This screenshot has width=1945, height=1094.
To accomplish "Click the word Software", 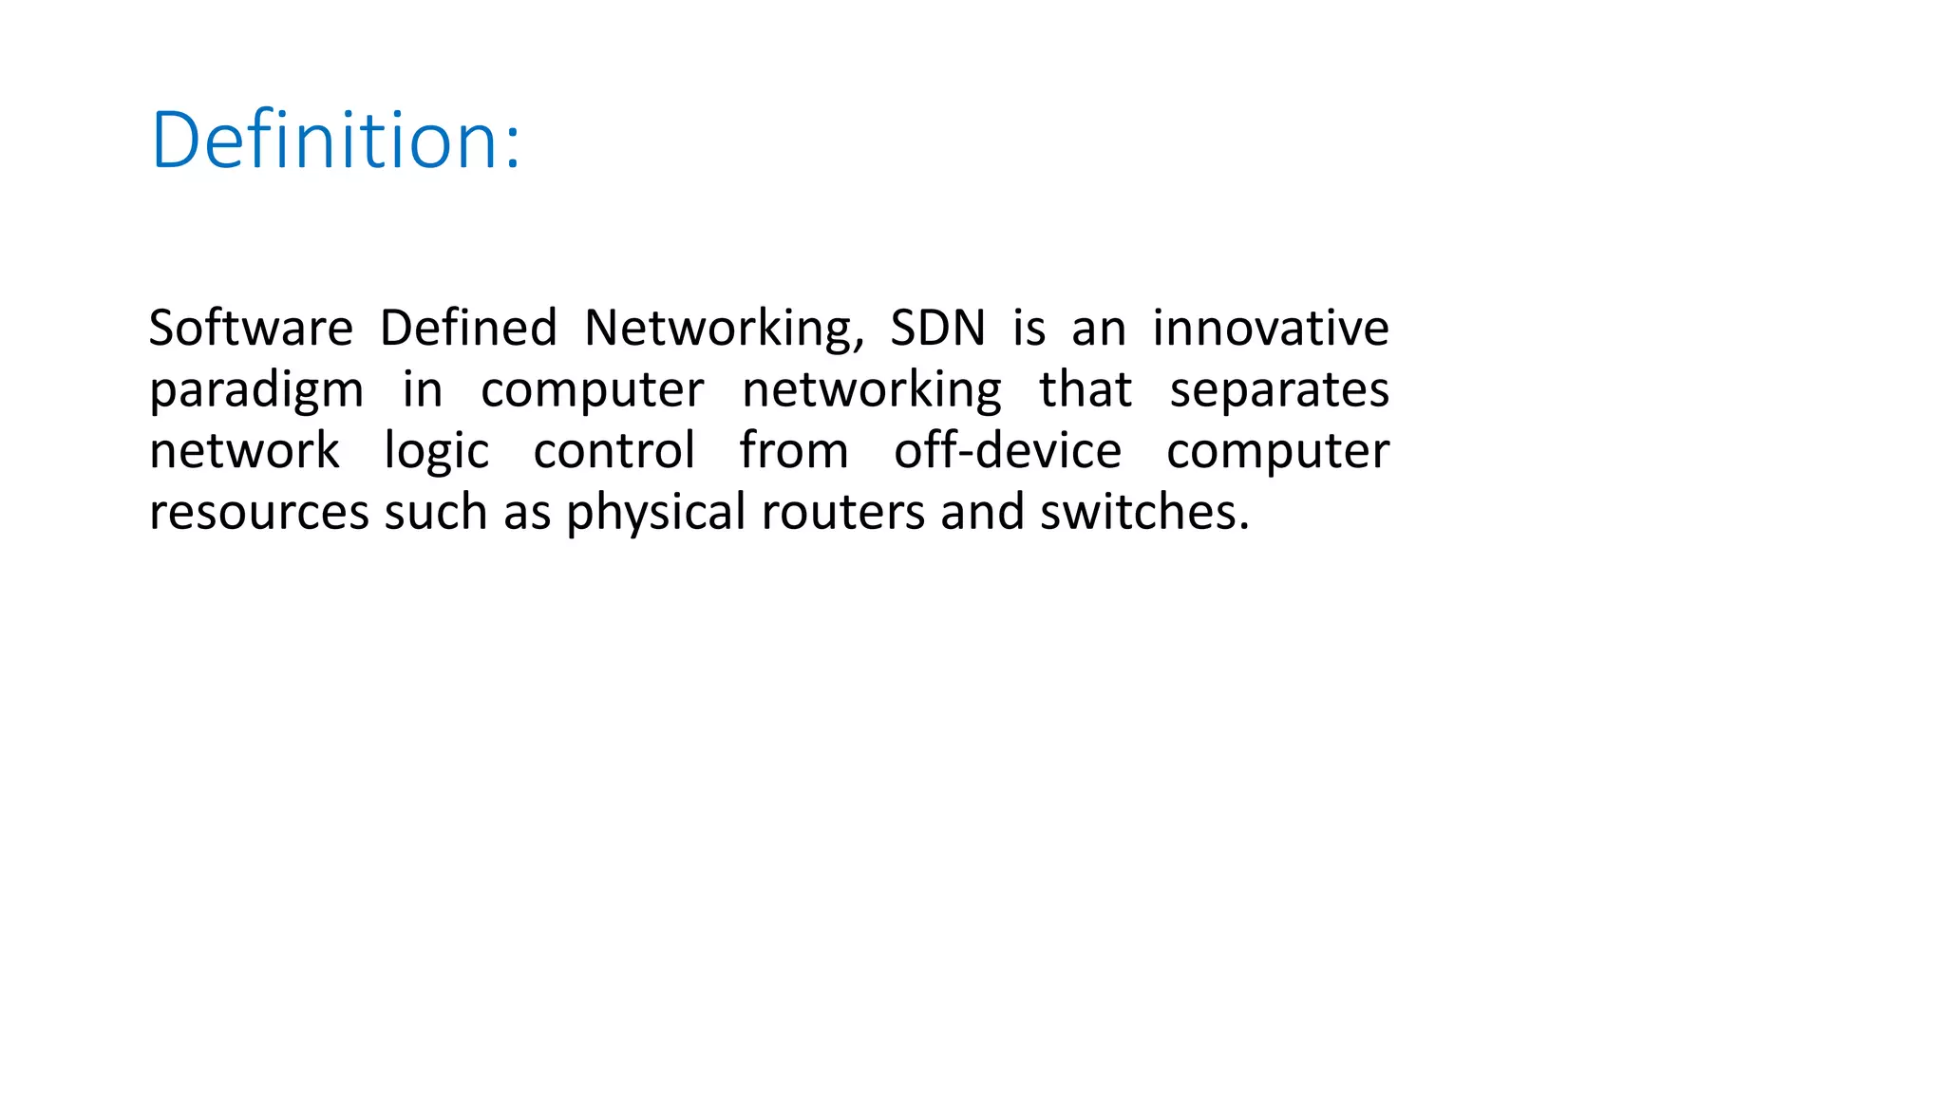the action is pyautogui.click(x=251, y=328).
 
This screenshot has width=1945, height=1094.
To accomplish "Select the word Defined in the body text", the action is pyautogui.click(x=468, y=328).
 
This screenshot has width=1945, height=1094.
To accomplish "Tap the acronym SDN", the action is pyautogui.click(x=938, y=328).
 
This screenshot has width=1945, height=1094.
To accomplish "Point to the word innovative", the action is pyautogui.click(x=1271, y=328).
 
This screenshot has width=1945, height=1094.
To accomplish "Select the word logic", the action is pyautogui.click(x=437, y=452).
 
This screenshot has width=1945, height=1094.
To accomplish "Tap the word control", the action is pyautogui.click(x=614, y=450).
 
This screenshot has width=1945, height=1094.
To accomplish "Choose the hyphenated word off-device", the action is pyautogui.click(x=1008, y=450).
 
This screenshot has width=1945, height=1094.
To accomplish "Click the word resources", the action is pyautogui.click(x=258, y=513).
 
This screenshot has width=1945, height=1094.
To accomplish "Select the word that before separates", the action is pyautogui.click(x=1086, y=389).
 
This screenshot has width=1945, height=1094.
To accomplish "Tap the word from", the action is pyautogui.click(x=794, y=450).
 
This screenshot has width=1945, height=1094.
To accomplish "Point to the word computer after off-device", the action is pyautogui.click(x=1277, y=452).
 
